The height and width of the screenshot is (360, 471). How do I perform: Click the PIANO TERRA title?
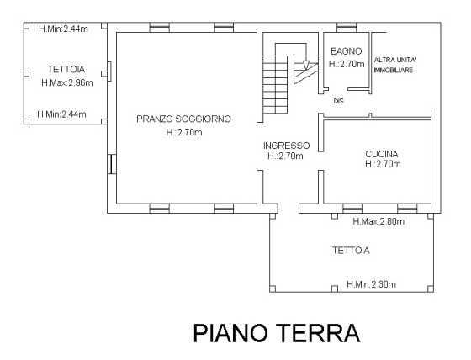click(x=277, y=333)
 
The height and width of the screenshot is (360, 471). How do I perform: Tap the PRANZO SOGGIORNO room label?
click(x=184, y=119)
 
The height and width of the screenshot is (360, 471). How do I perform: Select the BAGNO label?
click(x=346, y=51)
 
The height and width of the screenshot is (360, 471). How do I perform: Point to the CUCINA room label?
click(x=382, y=154)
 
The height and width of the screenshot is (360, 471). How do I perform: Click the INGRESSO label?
click(x=286, y=146)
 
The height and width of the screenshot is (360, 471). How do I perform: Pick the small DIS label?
click(x=338, y=101)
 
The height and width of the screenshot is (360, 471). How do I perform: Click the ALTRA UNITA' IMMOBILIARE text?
click(x=394, y=65)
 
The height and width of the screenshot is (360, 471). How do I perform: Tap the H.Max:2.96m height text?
click(x=67, y=82)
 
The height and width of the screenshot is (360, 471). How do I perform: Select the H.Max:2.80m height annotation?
click(x=378, y=221)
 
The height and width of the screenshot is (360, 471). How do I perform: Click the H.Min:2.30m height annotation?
click(x=371, y=284)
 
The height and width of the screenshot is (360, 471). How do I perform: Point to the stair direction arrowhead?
click(x=306, y=66)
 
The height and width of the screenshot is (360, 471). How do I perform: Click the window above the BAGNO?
click(x=347, y=28)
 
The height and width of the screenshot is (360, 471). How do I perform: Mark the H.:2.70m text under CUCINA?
click(x=383, y=164)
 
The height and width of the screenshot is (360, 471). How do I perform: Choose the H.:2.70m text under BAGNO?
click(x=347, y=64)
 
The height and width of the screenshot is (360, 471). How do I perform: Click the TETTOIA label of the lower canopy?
click(x=351, y=251)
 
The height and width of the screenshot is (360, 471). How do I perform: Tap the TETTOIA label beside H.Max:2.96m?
click(x=66, y=70)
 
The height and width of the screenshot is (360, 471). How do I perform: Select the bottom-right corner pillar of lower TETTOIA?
click(x=431, y=289)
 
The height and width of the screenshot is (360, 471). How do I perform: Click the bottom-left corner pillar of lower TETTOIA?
click(x=273, y=289)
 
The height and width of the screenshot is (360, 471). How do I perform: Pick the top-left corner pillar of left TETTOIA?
click(x=26, y=26)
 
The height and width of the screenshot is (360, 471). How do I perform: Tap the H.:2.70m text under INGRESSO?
click(x=285, y=156)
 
